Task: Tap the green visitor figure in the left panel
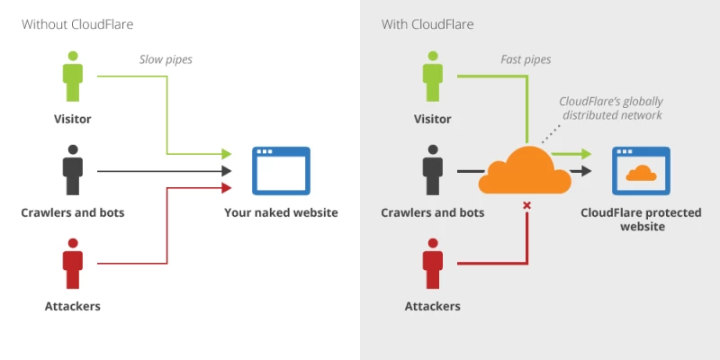73,77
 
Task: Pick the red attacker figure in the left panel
73,264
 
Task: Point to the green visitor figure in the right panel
433,77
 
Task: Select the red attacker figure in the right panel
433,264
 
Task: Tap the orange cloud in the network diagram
525,170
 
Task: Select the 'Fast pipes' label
526,60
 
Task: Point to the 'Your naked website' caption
281,213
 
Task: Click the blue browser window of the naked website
281,171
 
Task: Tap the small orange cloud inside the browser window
641,173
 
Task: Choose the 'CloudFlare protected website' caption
641,220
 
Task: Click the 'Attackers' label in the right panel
433,306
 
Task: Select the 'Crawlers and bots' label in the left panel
73,213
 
